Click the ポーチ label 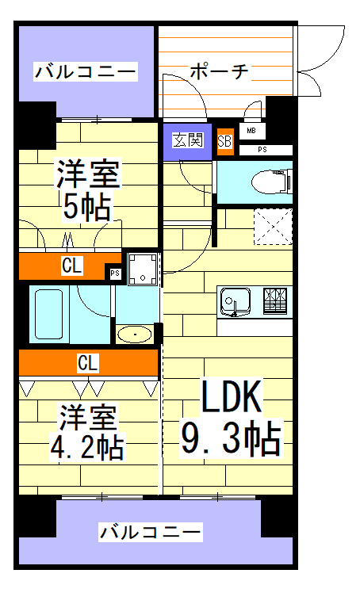220,72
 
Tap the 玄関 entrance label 188,141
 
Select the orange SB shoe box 224,141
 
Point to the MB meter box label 251,131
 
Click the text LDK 230,398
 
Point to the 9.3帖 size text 231,439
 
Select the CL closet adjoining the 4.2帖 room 88,363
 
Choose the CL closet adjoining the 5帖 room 71,266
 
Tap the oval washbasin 136,334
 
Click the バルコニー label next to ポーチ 85,73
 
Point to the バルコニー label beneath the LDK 151,532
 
